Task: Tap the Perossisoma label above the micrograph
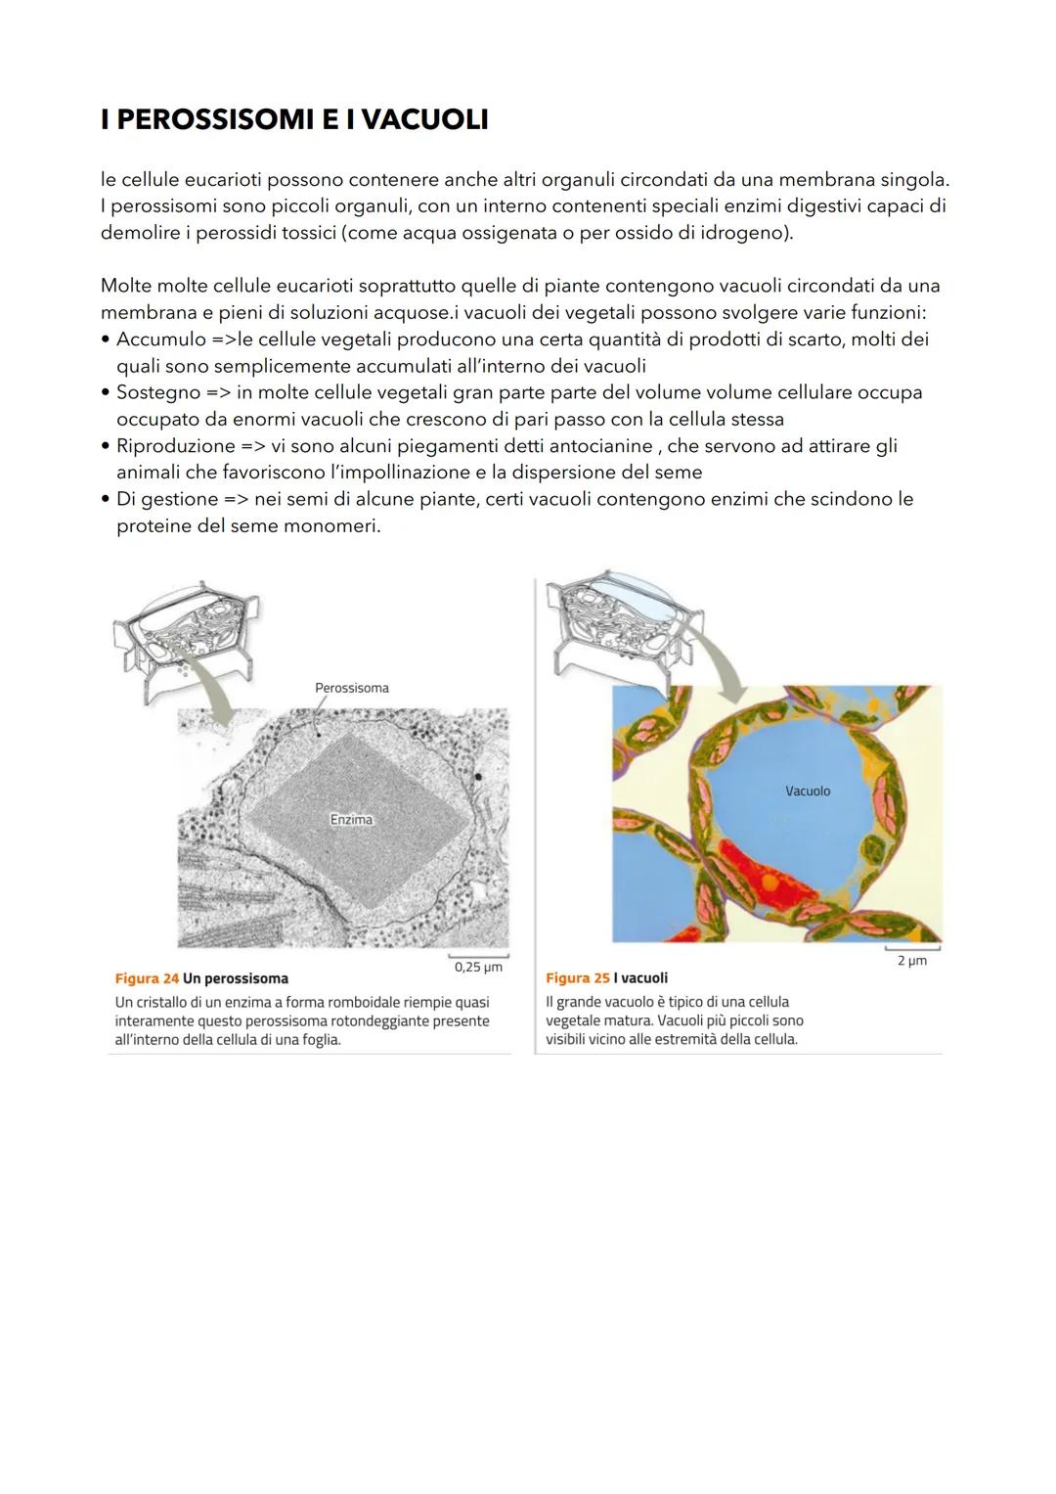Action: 351,688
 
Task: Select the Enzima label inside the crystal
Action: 351,819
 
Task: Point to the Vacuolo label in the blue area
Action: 808,791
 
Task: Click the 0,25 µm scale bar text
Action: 478,967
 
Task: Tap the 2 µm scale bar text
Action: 911,961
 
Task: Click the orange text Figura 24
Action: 147,978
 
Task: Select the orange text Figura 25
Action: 577,978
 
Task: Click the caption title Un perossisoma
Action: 236,978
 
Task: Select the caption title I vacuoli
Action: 640,978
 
